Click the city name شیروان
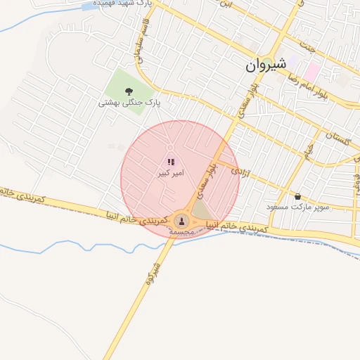[266, 65]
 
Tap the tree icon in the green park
[129, 91]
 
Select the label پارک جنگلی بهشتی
[129, 103]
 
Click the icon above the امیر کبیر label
[170, 162]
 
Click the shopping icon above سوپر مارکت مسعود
[297, 196]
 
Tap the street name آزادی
[239, 170]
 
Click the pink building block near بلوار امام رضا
[312, 72]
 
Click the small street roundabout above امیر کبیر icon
[170, 147]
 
